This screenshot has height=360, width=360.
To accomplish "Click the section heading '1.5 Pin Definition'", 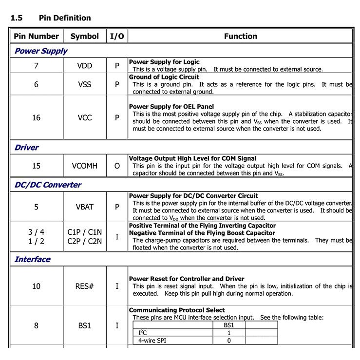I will click(51, 18).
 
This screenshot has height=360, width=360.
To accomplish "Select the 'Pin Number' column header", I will click(36, 36).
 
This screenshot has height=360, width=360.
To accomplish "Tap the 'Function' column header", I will click(240, 36).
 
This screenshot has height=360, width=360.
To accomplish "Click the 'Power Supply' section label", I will click(41, 51).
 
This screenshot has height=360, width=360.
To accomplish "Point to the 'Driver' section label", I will click(26, 147).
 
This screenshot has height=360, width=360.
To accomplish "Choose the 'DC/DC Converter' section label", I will click(48, 185).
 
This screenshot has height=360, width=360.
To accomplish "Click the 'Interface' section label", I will click(32, 259).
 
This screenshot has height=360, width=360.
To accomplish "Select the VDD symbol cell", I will click(84, 66).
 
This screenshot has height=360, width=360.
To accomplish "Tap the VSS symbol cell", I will click(84, 84).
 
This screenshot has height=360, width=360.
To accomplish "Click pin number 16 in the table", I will click(36, 117).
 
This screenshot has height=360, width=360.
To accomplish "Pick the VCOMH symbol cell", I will click(84, 166).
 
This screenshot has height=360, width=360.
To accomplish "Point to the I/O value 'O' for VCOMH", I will click(117, 166).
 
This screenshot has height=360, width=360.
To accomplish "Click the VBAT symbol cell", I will click(84, 207).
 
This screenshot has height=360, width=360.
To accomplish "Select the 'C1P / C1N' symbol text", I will click(84, 232).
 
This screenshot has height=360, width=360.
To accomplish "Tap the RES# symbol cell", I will click(84, 286).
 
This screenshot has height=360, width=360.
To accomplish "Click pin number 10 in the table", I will click(36, 286).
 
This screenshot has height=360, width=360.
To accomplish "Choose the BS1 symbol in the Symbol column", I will click(84, 325).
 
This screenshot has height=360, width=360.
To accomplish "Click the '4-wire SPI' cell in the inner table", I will click(152, 341).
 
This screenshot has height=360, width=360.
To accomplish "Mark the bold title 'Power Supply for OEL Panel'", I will click(171, 107).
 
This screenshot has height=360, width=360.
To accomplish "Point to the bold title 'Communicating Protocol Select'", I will click(177, 310).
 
